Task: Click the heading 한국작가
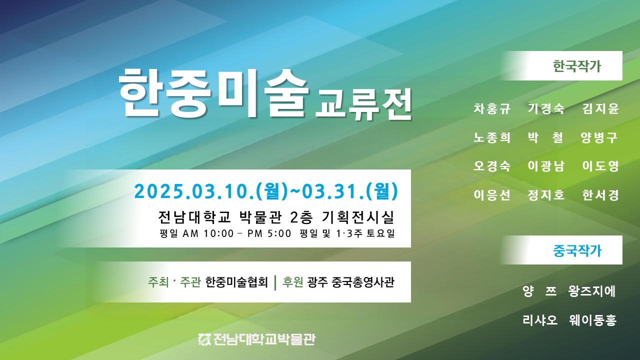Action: point(577,66)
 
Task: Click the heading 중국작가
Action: point(577,250)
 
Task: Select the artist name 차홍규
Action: point(492,108)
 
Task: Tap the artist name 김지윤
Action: point(600,108)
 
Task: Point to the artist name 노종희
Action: point(492,137)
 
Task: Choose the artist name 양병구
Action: point(599,137)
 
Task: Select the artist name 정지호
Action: point(546,195)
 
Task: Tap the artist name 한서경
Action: point(600,195)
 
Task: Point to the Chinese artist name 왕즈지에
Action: point(592,291)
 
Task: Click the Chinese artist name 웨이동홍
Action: point(592,320)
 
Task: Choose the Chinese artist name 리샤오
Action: point(539,320)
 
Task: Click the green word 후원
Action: point(292,282)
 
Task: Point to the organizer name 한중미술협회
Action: point(236,282)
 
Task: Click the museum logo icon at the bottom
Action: point(205,339)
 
